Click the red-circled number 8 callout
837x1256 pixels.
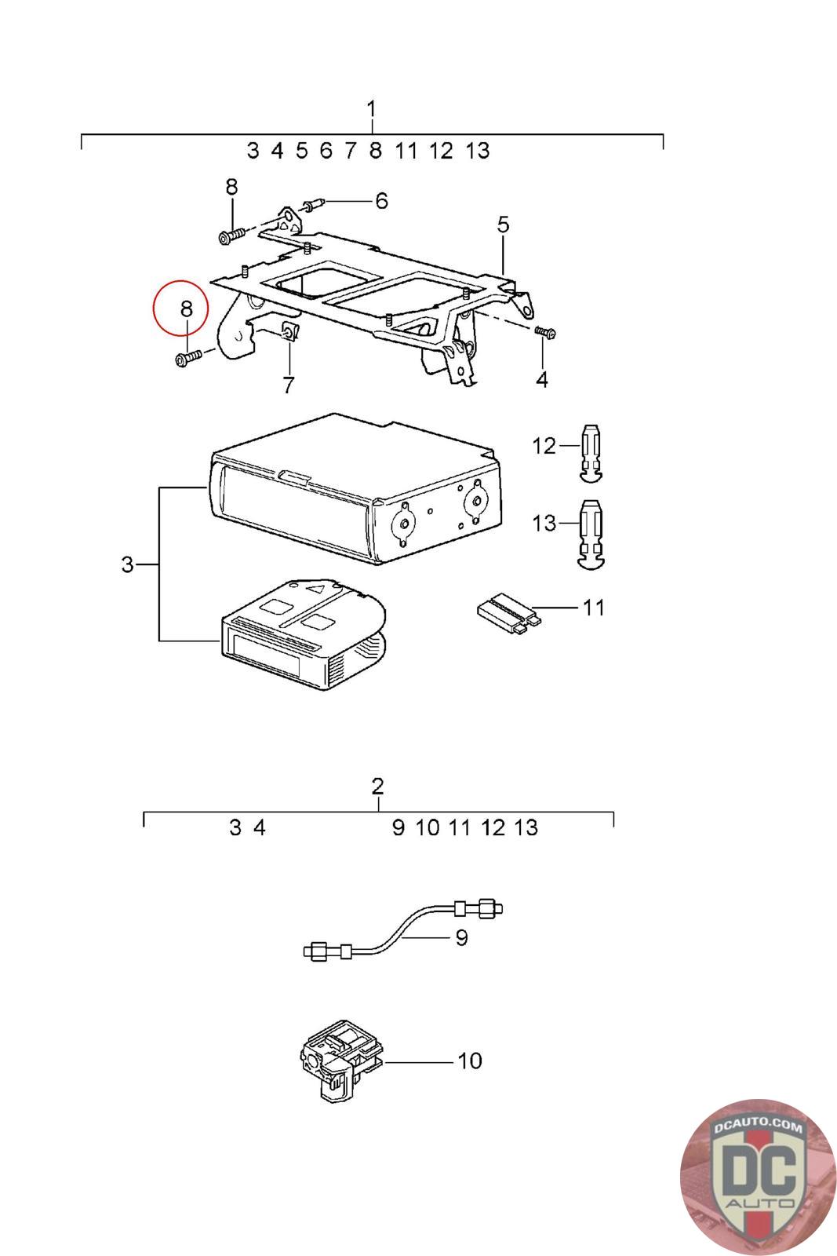tap(186, 309)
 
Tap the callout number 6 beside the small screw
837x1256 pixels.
tap(381, 201)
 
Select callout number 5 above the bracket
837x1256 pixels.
tap(503, 225)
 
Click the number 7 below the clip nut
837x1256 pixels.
tap(289, 385)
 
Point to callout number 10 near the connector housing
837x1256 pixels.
tap(469, 1061)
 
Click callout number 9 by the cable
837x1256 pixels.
tap(461, 937)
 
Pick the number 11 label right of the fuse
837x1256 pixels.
tap(594, 608)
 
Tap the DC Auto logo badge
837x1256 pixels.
tap(758, 1177)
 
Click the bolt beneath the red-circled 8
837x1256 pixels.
tap(187, 359)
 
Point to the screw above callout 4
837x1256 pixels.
tap(544, 333)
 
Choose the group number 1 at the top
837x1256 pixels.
tap(372, 109)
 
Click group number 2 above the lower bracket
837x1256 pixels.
tap(378, 786)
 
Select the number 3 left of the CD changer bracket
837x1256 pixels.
tap(128, 564)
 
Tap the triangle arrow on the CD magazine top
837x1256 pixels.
tap(317, 588)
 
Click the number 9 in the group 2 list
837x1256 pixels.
tap(398, 827)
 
